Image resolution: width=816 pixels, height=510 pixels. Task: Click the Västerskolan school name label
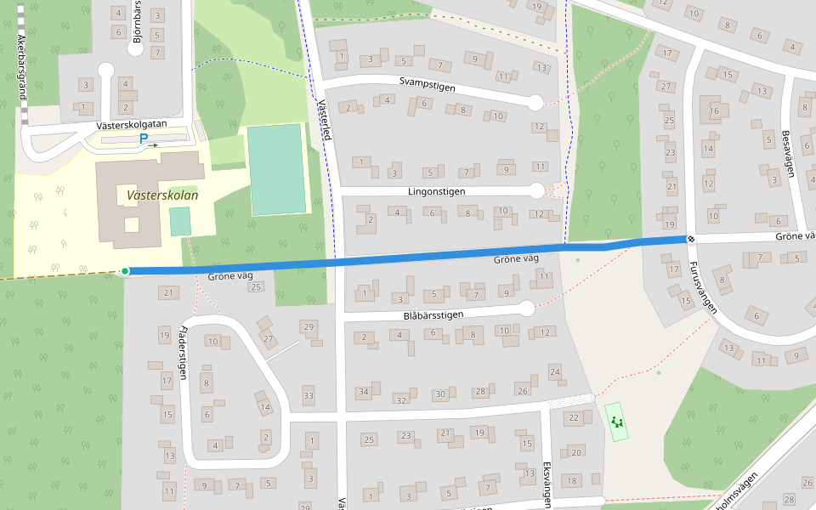point(161,195)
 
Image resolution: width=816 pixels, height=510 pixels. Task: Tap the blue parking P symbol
point(144,139)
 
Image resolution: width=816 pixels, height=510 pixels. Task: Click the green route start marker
point(125,271)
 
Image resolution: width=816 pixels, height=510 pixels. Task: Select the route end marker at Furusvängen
point(693,240)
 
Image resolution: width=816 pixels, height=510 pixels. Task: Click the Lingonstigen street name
point(436,191)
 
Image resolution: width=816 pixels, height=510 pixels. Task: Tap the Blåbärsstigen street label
point(433,314)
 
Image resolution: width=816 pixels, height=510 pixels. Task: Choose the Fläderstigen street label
point(183,353)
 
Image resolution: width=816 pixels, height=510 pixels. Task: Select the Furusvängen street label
point(703,287)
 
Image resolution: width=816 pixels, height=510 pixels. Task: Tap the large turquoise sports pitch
point(276,169)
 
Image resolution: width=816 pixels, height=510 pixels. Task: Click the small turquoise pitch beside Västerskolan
point(180,221)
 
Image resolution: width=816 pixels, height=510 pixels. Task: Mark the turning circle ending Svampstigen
point(535,103)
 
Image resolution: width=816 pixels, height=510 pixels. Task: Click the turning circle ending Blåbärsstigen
point(527,308)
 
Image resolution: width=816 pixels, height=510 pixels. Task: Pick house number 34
point(363,392)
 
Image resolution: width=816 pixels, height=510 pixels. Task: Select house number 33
point(309,396)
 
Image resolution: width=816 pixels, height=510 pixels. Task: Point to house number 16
point(714,110)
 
